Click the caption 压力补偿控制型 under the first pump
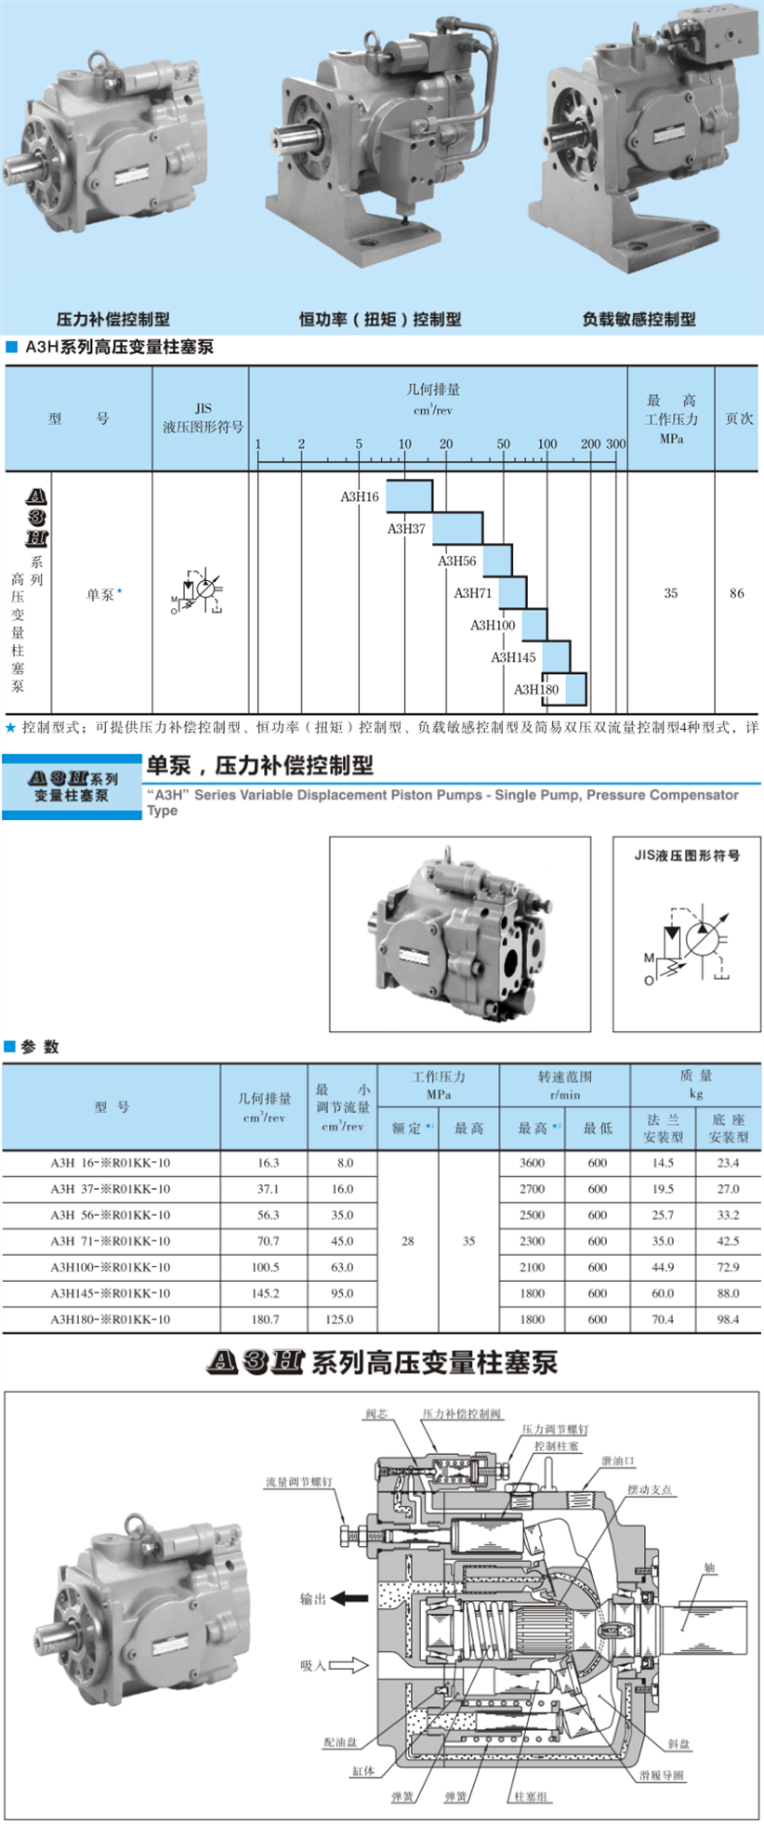click(113, 319)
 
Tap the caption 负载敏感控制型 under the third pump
click(639, 319)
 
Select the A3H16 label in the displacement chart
click(359, 496)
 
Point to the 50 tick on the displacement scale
click(503, 444)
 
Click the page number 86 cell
click(736, 593)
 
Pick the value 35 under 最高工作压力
click(670, 593)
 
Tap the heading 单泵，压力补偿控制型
click(259, 765)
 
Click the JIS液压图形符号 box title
click(687, 855)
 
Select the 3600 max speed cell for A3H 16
click(532, 1163)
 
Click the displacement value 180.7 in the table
click(265, 1319)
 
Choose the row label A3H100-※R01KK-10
click(111, 1267)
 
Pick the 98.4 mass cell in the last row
click(728, 1319)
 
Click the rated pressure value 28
click(407, 1241)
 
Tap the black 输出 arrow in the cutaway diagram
click(350, 1599)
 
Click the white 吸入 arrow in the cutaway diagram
click(349, 1665)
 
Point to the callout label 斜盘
click(678, 1744)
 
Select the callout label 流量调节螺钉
click(298, 1482)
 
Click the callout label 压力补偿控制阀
click(461, 1414)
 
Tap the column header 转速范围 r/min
click(564, 1085)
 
